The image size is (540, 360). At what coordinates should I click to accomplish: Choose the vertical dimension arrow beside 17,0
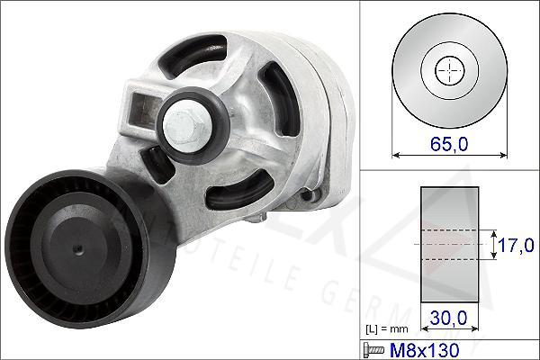click(494, 244)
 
